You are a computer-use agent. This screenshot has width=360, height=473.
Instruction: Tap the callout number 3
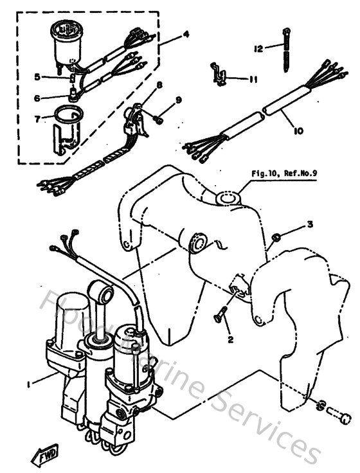tap(309, 225)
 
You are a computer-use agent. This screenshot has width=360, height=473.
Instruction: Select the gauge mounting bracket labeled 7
tap(67, 129)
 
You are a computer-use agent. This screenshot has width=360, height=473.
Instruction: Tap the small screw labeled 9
tap(158, 119)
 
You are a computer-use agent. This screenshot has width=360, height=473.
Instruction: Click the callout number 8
tap(159, 85)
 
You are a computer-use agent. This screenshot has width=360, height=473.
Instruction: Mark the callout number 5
tap(38, 77)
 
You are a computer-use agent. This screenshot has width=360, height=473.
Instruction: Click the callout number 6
tap(38, 98)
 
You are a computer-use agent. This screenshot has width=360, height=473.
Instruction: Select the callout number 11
tap(253, 80)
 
